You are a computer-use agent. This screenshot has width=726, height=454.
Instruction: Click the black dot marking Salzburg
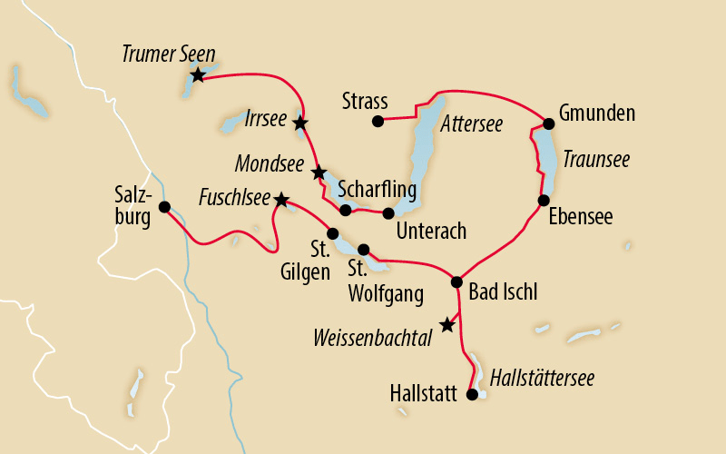coord(164,207)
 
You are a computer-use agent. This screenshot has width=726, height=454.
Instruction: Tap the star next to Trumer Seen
coord(197,74)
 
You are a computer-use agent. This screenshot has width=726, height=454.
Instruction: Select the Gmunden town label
coord(596,113)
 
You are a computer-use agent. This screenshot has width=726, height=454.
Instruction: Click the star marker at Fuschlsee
coord(281,199)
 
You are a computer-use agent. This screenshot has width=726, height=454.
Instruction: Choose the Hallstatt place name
coord(424,394)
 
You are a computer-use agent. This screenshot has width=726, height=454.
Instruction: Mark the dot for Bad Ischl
coord(458,282)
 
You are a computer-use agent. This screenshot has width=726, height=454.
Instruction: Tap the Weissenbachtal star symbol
coord(446,324)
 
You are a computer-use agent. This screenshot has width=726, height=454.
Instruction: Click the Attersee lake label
coord(471,122)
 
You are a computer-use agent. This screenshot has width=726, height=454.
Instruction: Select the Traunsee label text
coord(595,159)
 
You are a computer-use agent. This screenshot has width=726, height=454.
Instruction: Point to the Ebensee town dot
coord(543,200)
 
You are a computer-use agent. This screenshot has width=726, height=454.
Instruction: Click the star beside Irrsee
coord(300,122)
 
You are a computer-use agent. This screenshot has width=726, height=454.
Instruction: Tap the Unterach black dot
coord(388,213)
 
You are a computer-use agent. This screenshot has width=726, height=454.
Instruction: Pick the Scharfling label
coord(377,191)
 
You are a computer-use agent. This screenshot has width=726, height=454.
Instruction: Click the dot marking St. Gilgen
coord(332,232)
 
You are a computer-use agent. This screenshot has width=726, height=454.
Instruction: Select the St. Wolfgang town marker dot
coord(363,249)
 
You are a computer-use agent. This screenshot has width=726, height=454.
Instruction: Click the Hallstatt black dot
coord(471,394)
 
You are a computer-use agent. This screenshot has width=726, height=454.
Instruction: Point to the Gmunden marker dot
coord(548,123)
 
